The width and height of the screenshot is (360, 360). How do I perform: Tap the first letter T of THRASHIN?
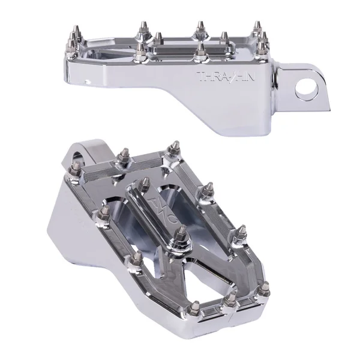201,77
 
